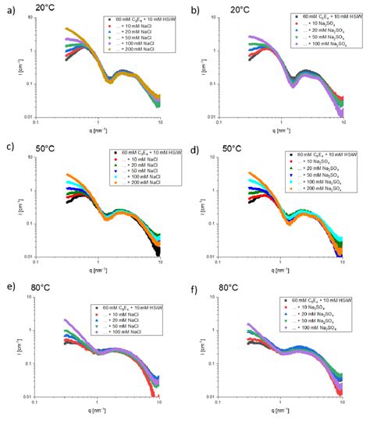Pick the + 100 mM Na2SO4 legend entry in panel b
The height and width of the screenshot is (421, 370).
click(x=320, y=44)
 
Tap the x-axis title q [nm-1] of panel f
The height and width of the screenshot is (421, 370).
click(x=281, y=414)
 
